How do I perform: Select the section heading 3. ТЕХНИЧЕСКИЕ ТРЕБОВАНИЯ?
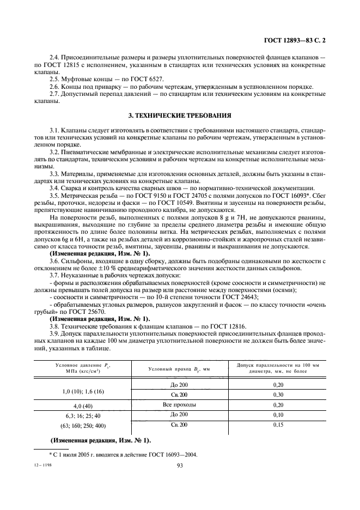click(x=180, y=116)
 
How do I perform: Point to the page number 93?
click(x=180, y=465)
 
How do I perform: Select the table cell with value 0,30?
click(x=279, y=394)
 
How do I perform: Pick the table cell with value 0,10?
click(x=279, y=415)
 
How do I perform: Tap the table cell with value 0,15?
click(x=279, y=424)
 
